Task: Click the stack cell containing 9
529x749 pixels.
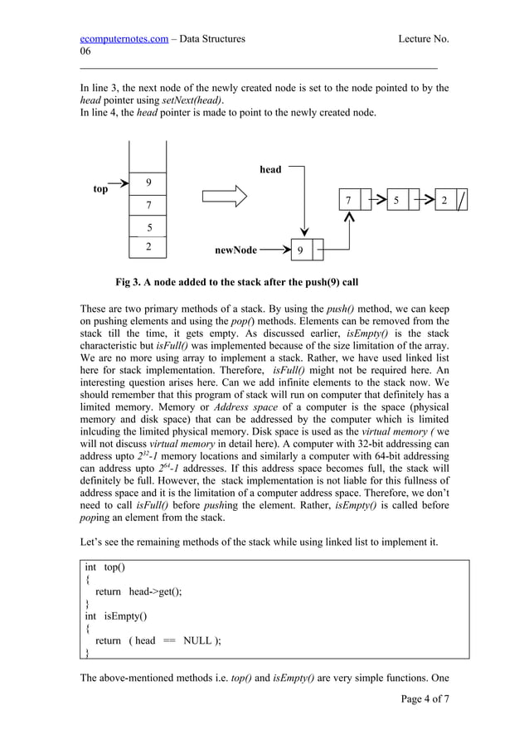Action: [148, 182]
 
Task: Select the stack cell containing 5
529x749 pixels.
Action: [148, 226]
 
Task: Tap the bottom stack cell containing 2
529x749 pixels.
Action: [148, 247]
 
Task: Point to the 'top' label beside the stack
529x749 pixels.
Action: [100, 189]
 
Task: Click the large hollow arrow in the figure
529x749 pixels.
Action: [225, 197]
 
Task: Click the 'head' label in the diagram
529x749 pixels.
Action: [270, 169]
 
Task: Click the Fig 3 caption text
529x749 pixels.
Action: [236, 282]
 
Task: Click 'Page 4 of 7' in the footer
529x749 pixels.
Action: [425, 698]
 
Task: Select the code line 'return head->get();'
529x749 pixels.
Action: [138, 591]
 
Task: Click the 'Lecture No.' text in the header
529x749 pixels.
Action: [423, 38]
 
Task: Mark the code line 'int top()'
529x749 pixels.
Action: [104, 567]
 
